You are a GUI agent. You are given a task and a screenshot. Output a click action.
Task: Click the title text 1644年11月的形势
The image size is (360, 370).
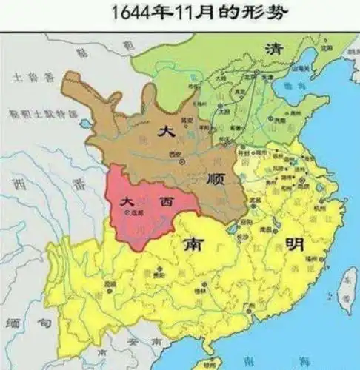[181, 13]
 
